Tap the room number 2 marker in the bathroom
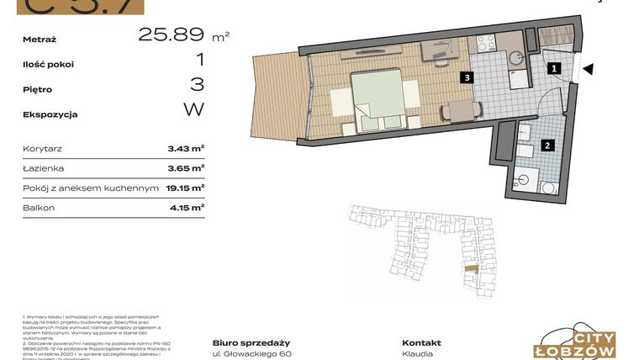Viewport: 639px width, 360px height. point(547,145)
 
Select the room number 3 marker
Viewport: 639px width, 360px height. point(465,77)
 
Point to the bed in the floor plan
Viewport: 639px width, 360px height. point(378,98)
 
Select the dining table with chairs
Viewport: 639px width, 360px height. point(462,111)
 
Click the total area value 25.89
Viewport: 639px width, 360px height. point(172,34)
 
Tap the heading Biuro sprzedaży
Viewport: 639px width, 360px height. point(251,342)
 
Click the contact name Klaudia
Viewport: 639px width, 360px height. point(418,354)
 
